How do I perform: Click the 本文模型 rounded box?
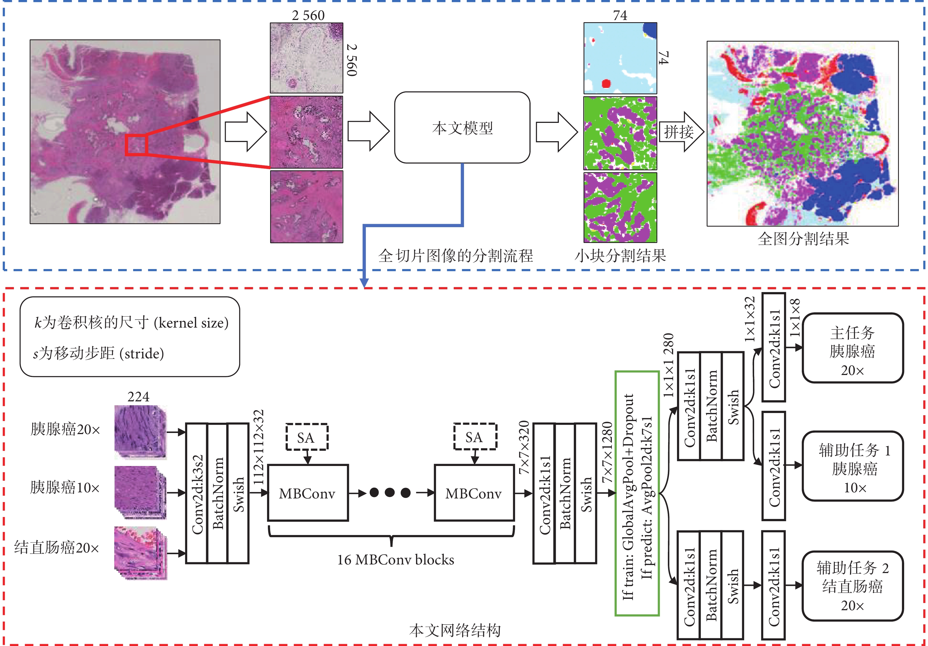[462, 128]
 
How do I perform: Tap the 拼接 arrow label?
[679, 132]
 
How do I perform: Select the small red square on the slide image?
[135, 145]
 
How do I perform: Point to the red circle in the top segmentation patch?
[605, 84]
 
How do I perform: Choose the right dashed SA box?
[475, 437]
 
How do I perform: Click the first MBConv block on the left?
[308, 493]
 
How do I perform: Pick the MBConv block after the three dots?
[474, 493]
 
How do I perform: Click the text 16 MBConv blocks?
[395, 560]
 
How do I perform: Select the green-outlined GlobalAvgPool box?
[637, 493]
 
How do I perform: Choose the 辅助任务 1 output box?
[852, 466]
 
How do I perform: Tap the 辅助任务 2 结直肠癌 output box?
[852, 586]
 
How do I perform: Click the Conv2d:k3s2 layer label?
[197, 493]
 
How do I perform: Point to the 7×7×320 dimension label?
[524, 447]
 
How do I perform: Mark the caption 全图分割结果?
[803, 239]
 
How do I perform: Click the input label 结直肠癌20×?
[57, 548]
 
